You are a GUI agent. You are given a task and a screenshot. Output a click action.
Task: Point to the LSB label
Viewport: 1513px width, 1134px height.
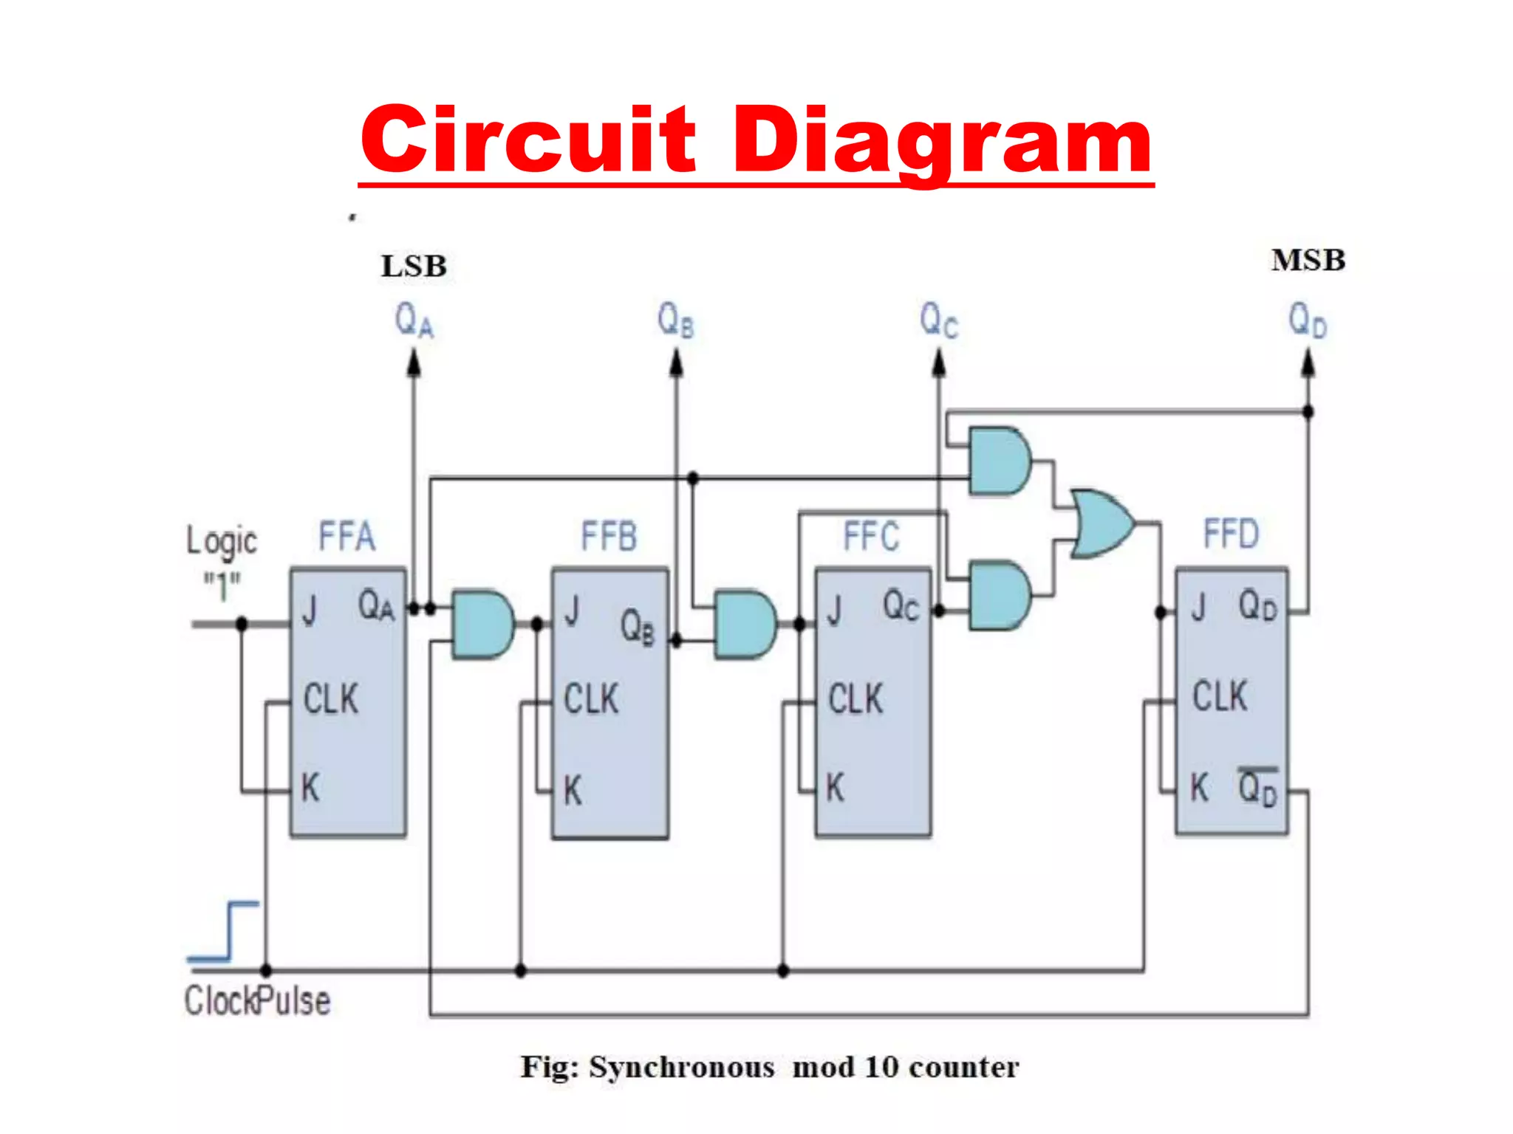click(414, 267)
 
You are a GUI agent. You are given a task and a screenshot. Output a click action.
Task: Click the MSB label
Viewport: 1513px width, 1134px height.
click(1308, 261)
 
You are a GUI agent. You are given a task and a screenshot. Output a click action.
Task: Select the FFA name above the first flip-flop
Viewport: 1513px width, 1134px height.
click(346, 536)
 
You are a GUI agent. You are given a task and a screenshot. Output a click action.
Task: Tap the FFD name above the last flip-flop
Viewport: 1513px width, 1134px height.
click(1231, 534)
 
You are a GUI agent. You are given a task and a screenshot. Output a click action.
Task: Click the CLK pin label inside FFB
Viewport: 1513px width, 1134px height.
click(591, 699)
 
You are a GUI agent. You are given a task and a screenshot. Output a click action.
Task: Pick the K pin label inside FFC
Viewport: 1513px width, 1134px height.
click(835, 788)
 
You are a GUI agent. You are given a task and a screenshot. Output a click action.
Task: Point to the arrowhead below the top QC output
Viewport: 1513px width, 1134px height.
click(939, 363)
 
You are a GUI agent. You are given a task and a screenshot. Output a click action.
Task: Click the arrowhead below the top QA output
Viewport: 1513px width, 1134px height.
click(414, 363)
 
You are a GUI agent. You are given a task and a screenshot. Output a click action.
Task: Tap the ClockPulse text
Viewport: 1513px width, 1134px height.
click(257, 1001)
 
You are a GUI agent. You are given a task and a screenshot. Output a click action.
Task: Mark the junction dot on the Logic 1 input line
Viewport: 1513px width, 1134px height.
click(242, 624)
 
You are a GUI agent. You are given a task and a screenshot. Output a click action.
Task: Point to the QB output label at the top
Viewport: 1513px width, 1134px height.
click(676, 320)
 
